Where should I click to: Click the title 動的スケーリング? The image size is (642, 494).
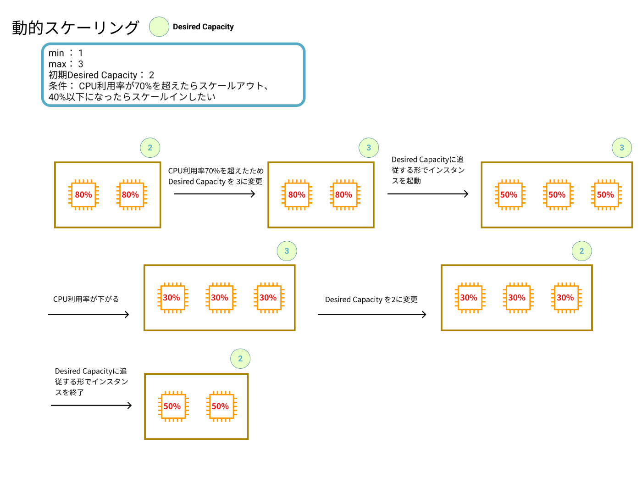click(75, 28)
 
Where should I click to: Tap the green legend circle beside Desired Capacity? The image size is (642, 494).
click(159, 27)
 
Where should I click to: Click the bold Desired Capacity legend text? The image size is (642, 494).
click(203, 27)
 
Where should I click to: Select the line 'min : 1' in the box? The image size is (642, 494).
click(66, 53)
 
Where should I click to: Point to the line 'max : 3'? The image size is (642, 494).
click(66, 64)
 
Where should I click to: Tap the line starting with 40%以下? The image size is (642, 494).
click(132, 97)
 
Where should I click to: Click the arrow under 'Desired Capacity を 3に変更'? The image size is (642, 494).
click(215, 194)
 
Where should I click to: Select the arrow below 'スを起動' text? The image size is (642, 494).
click(428, 194)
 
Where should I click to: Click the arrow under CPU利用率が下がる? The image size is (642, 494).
click(89, 315)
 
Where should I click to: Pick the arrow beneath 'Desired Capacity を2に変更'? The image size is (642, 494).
click(372, 315)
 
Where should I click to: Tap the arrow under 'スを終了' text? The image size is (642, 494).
click(91, 405)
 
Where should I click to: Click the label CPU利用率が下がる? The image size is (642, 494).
click(86, 299)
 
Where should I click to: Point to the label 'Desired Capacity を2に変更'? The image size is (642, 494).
click(371, 300)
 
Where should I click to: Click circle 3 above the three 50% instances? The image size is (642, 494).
click(622, 148)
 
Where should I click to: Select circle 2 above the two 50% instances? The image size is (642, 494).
click(240, 359)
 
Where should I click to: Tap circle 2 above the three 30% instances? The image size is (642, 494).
click(582, 251)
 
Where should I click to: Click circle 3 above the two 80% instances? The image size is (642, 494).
click(369, 148)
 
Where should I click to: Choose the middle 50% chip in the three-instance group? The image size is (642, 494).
click(557, 195)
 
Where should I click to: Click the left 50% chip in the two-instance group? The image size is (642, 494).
click(172, 406)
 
